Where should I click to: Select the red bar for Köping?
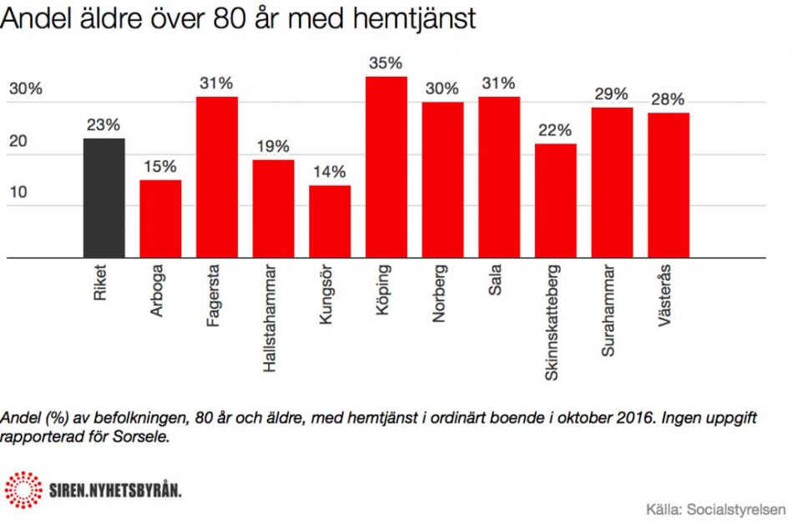pos(386,168)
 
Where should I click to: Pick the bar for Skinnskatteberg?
pos(556,201)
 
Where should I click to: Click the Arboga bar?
pos(160,219)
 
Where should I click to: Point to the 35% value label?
pos(386,63)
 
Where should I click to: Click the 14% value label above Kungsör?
pos(330,172)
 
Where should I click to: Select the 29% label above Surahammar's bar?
pos(612,94)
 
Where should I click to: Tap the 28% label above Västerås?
pos(669,99)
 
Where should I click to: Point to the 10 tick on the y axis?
pos(18,193)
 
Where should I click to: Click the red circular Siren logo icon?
pos(23,489)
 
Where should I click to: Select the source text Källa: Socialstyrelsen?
pos(716,508)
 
